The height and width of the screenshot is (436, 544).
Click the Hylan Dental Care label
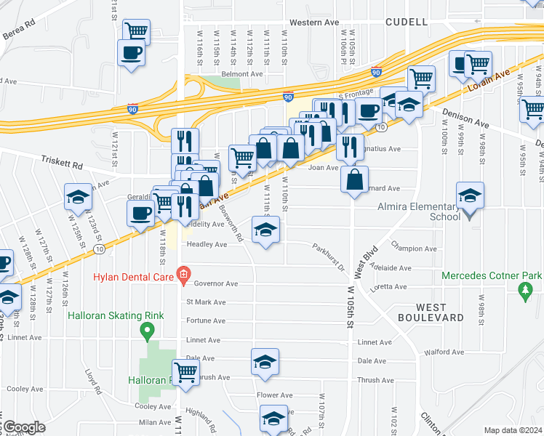point(132,276)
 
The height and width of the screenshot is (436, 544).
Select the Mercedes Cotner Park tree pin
point(525,292)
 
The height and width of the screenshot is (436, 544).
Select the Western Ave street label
point(314,23)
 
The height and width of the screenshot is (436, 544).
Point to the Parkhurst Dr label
point(329,259)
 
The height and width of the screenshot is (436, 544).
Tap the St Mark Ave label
point(206,302)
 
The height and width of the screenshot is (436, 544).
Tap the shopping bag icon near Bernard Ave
point(354,179)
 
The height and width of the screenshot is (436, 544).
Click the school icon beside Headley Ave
point(265,230)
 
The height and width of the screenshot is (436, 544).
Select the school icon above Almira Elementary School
point(470,195)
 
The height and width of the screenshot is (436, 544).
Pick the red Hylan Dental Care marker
point(183,276)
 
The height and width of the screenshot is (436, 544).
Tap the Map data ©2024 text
point(513,430)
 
